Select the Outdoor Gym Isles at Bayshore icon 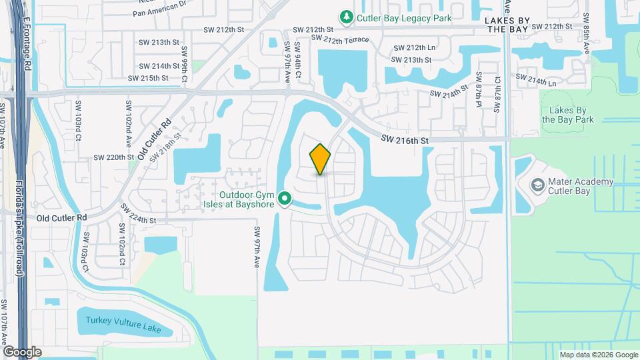click(x=285, y=198)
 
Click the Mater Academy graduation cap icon click(x=537, y=183)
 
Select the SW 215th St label click(x=149, y=78)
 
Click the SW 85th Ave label click(x=586, y=33)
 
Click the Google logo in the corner click(x=22, y=351)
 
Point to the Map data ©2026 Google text click(x=598, y=355)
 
